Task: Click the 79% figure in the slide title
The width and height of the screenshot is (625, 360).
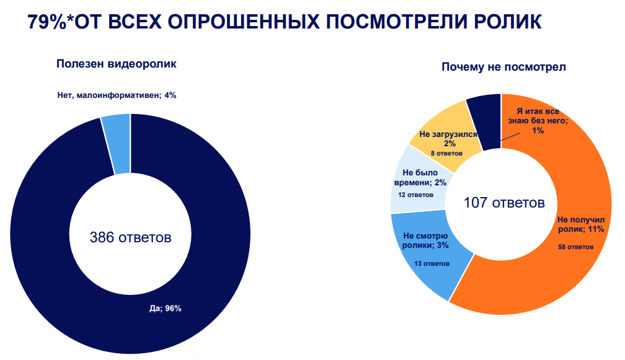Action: click(x=47, y=22)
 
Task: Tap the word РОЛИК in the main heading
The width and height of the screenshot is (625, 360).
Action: click(x=507, y=22)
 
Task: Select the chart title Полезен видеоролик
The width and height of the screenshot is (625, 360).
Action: click(x=117, y=64)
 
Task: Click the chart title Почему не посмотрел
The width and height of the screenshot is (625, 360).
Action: click(x=503, y=67)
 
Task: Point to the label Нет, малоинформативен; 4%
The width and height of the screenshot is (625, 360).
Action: click(x=117, y=95)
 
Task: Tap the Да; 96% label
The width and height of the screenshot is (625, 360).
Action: click(x=166, y=309)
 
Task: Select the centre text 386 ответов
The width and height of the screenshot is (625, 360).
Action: click(x=130, y=237)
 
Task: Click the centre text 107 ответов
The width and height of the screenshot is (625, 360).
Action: click(x=504, y=203)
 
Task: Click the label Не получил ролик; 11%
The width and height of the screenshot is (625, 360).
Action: click(x=581, y=224)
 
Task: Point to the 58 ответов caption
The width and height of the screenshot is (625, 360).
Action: click(x=575, y=247)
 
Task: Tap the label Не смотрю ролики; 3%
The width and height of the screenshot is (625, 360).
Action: click(x=425, y=240)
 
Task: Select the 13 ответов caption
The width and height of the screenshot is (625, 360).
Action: click(x=432, y=263)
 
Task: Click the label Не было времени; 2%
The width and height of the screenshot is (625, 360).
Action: click(x=420, y=178)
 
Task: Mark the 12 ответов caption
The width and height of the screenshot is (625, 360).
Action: click(x=415, y=195)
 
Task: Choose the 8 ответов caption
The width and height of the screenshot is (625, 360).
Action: click(x=446, y=153)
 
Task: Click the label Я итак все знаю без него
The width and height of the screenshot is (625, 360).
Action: click(x=538, y=116)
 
